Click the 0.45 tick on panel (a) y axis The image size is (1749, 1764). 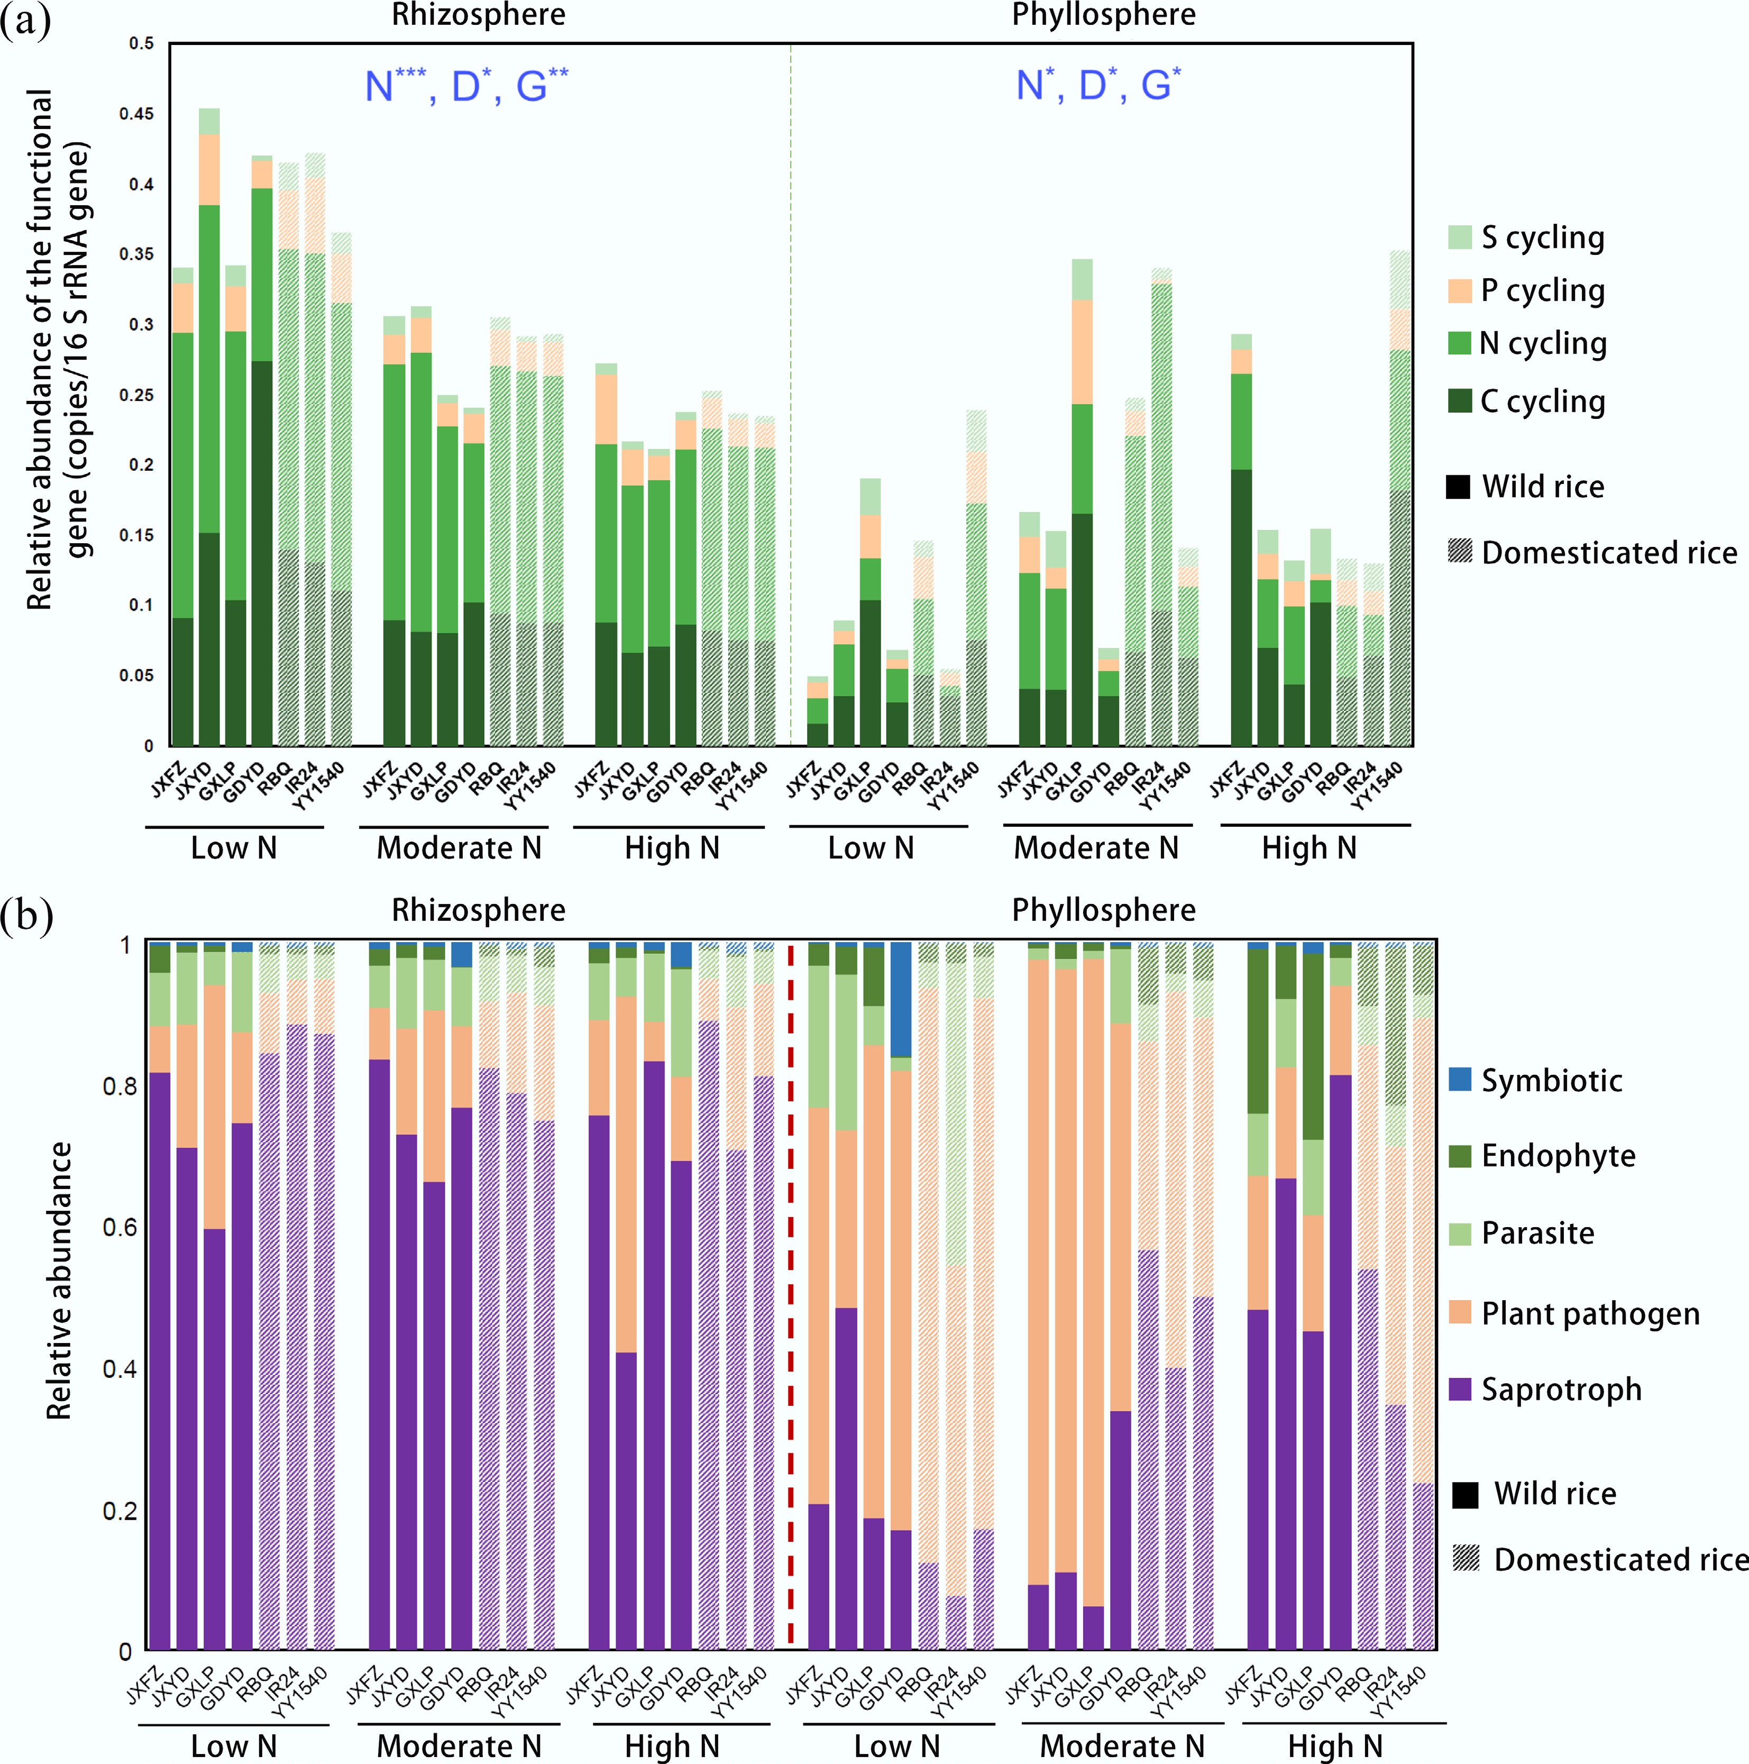tap(137, 114)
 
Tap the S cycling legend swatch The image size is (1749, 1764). tap(1460, 237)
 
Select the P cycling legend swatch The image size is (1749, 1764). tap(1460, 290)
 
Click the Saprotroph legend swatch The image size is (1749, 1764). tap(1461, 1389)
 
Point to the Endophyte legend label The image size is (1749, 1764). tap(1558, 1155)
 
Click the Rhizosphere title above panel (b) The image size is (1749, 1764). tap(478, 910)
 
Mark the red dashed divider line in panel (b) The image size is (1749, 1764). tap(791, 1296)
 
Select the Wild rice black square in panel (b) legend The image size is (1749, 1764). tap(1465, 1494)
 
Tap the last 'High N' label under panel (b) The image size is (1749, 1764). tap(1334, 1745)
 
